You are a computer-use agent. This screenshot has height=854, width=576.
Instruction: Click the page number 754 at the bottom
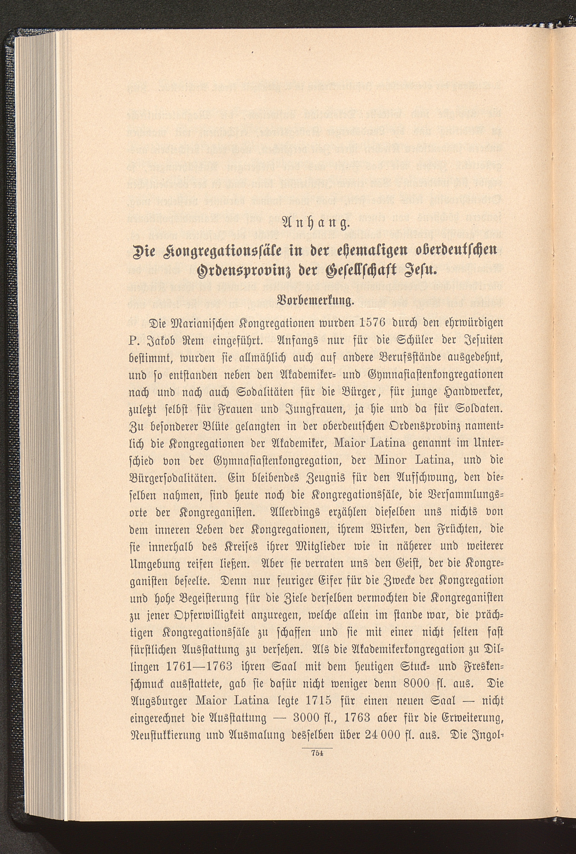(317, 753)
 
